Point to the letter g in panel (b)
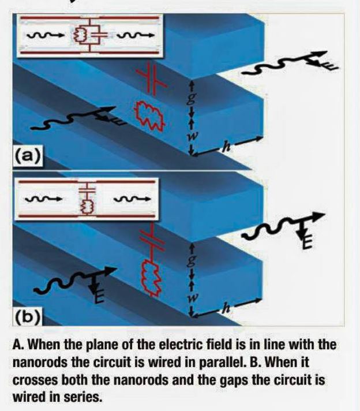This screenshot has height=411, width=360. (x=193, y=258)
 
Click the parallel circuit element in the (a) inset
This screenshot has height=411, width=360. (x=87, y=35)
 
